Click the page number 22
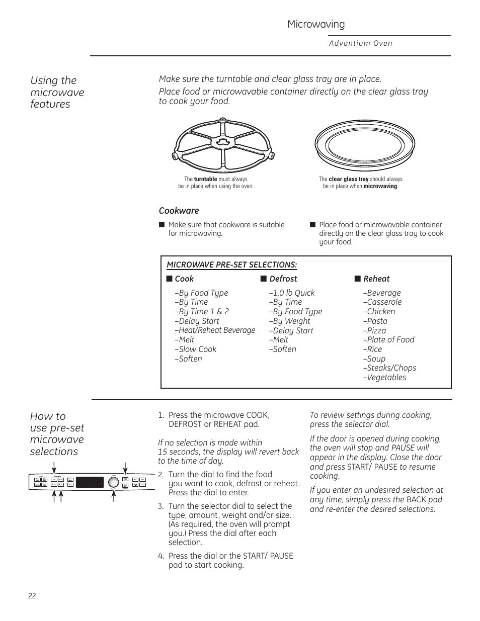click(32, 596)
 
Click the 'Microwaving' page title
click(316, 24)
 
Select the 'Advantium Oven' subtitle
click(360, 43)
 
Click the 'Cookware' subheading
click(179, 211)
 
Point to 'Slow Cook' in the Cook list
click(197, 349)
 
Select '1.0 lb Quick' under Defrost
click(293, 293)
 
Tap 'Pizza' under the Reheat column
click(376, 330)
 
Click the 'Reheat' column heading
click(376, 279)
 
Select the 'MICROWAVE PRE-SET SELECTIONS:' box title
click(231, 264)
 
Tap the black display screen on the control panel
click(91, 482)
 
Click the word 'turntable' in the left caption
click(205, 179)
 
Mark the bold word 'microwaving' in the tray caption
click(380, 186)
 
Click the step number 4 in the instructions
click(161, 556)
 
